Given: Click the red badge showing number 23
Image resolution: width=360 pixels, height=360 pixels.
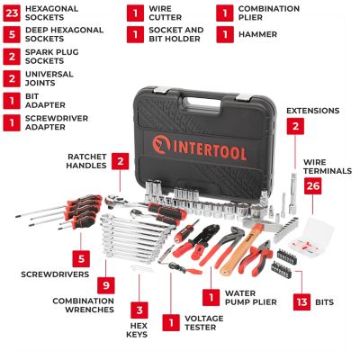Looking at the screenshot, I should click(x=12, y=13).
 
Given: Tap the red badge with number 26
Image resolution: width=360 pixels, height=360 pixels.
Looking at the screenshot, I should click(x=313, y=185).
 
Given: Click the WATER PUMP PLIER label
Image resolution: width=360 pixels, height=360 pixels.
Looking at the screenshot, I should click(x=248, y=299).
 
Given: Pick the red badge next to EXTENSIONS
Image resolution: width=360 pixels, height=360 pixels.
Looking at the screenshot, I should click(x=294, y=127).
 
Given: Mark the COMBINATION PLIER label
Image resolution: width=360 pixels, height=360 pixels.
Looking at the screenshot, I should click(x=271, y=13).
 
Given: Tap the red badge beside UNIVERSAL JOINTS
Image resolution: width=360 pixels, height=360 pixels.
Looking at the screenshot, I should click(x=12, y=80).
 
